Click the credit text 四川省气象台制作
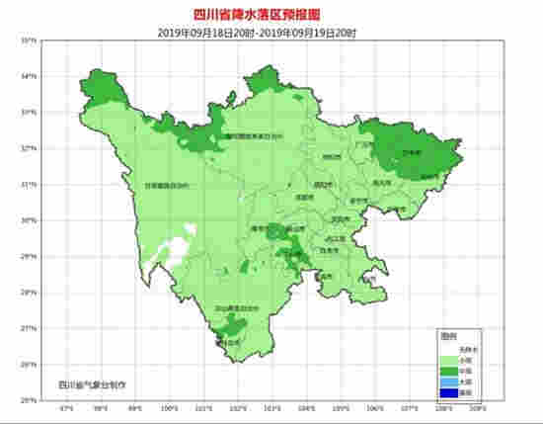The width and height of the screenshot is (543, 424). click(94, 382)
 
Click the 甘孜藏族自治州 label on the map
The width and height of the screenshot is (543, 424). click(165, 184)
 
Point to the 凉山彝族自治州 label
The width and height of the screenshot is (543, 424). click(242, 308)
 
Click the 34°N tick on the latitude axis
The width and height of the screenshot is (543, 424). click(31, 76)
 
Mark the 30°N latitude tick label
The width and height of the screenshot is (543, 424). click(31, 219)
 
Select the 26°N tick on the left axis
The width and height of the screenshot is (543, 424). click(31, 364)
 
